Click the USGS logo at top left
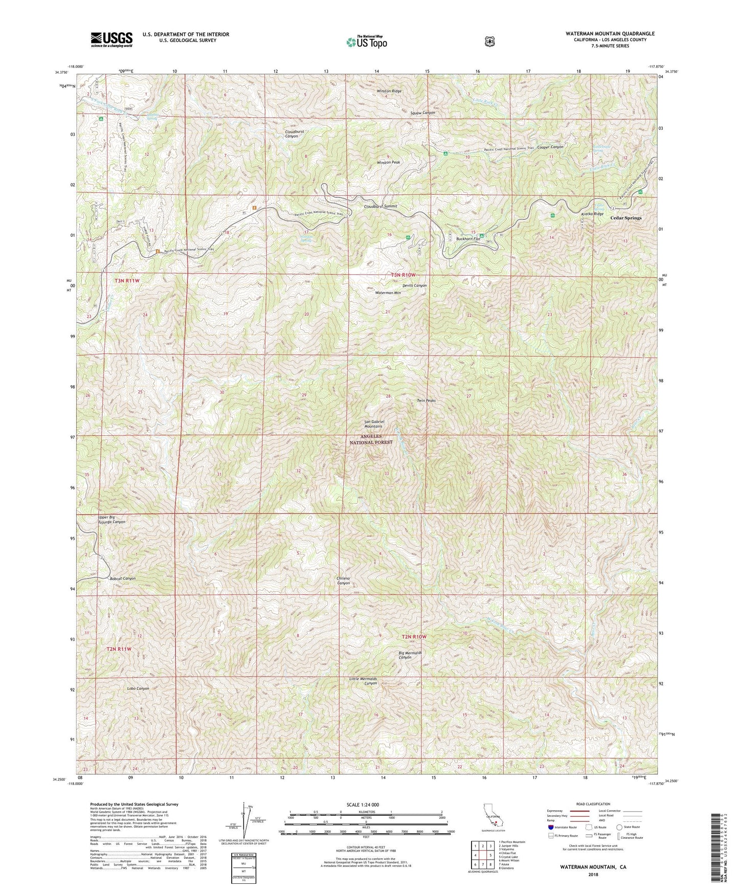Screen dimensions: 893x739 click(x=111, y=39)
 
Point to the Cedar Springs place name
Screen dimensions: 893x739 click(x=625, y=218)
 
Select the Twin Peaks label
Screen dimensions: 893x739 click(x=426, y=400)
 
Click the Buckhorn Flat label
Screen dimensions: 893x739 click(x=468, y=239)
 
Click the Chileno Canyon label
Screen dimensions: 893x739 click(x=343, y=581)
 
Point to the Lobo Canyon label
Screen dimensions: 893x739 click(x=138, y=688)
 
